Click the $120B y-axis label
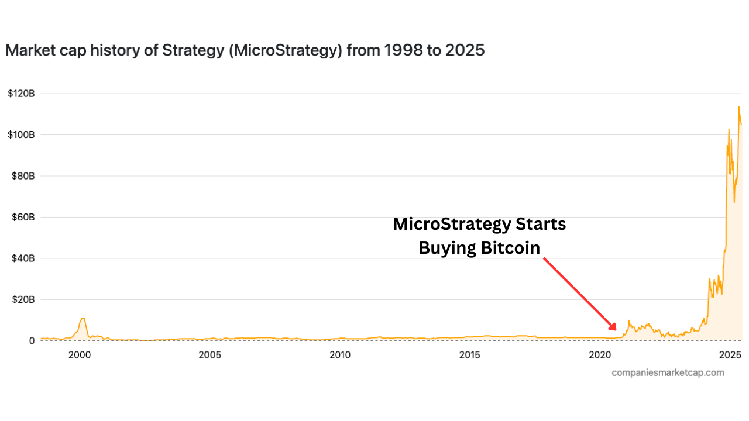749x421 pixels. pos(22,94)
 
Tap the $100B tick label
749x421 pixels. pos(22,134)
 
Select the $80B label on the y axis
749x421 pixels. pos(23,176)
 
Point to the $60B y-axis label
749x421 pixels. pos(23,217)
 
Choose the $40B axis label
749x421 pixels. pos(23,258)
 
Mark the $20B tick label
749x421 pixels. pos(23,299)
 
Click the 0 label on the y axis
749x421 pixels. pos(32,341)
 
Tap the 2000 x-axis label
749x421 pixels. pos(80,355)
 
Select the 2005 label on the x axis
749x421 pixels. pos(209,355)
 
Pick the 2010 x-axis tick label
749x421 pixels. pos(340,355)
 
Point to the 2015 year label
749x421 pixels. pos(470,355)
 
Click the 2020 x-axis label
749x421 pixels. pos(600,355)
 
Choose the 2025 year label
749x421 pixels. pos(730,355)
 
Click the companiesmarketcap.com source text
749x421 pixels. pos(668,372)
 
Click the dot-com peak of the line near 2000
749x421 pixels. pos(83,318)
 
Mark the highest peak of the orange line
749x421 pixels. pos(738,106)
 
